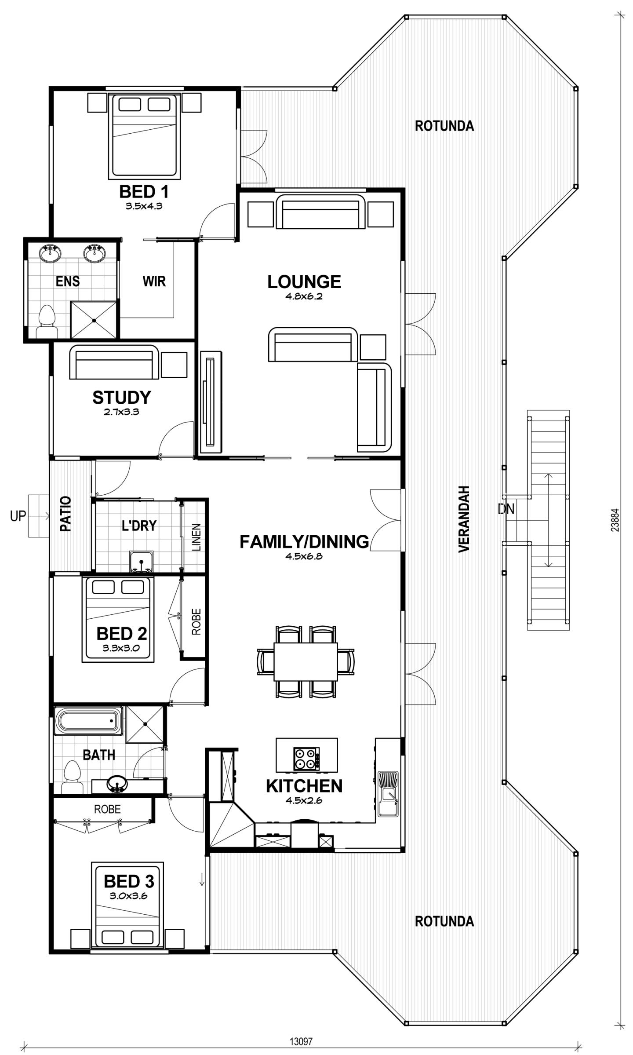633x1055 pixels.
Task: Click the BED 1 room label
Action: tap(144, 192)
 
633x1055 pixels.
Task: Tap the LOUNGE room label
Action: tap(304, 282)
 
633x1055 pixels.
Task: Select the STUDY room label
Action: tap(122, 398)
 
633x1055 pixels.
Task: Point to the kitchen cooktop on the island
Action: tap(306, 759)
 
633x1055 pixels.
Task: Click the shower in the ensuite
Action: tap(94, 320)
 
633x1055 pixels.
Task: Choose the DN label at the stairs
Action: tap(506, 509)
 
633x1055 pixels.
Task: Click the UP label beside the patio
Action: tap(18, 516)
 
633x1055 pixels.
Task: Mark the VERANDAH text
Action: tap(464, 519)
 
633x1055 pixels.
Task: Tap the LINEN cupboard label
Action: tap(196, 537)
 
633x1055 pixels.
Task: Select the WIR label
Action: tap(154, 281)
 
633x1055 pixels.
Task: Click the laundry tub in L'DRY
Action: tap(141, 562)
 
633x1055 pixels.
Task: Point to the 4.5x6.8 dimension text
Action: tap(304, 556)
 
